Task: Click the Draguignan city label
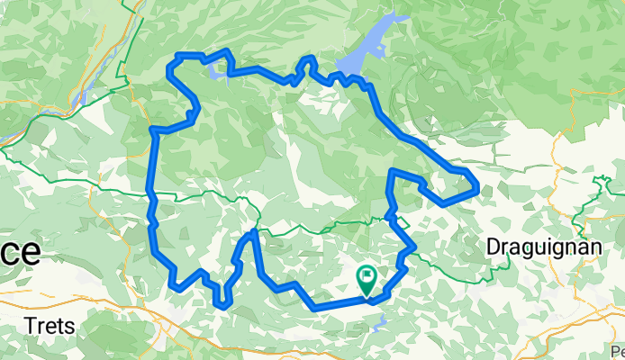click(536, 246)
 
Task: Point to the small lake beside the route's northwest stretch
click(217, 72)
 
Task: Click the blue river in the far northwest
click(86, 93)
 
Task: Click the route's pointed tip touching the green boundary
click(254, 232)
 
